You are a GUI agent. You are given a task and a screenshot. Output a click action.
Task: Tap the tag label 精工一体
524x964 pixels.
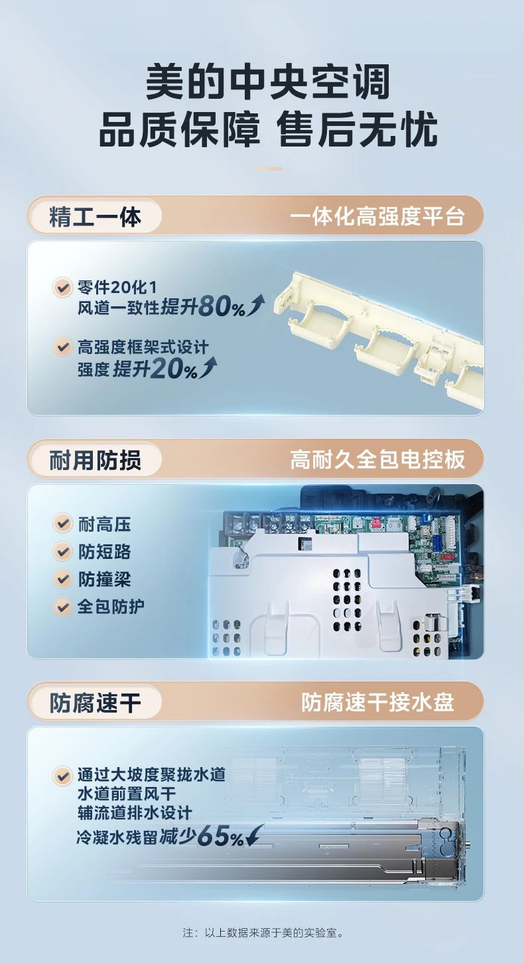pyautogui.click(x=95, y=217)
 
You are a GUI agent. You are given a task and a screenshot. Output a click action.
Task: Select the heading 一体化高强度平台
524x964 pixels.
pyautogui.click(x=377, y=217)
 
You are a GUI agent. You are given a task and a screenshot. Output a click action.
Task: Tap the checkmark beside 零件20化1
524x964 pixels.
pyautogui.click(x=62, y=288)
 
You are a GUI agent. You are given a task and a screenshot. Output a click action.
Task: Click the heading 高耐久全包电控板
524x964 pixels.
pyautogui.click(x=377, y=459)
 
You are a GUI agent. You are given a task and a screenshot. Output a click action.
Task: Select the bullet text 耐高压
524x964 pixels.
pyautogui.click(x=104, y=524)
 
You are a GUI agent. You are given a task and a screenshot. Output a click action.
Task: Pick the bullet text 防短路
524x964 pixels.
pyautogui.click(x=104, y=552)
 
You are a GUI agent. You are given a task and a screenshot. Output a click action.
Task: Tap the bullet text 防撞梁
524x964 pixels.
pyautogui.click(x=104, y=579)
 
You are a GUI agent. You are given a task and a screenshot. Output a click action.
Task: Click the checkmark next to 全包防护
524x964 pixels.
pyautogui.click(x=62, y=606)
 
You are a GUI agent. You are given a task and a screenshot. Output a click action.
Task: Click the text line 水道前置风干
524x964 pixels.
pyautogui.click(x=135, y=794)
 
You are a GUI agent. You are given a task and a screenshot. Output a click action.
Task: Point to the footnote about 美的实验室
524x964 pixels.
pyautogui.click(x=262, y=933)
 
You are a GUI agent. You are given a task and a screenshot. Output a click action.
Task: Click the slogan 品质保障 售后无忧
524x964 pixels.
pyautogui.click(x=268, y=130)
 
